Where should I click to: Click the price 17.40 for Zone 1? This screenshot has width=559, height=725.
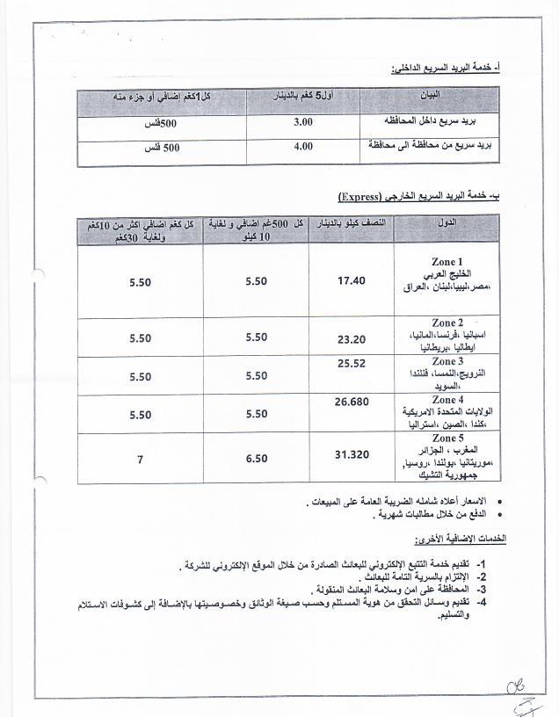coord(351,280)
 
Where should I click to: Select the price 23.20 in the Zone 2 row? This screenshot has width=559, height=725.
coord(351,337)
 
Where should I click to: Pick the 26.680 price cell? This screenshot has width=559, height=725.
coord(352,402)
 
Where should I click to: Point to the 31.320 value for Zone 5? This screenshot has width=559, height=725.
coord(352,454)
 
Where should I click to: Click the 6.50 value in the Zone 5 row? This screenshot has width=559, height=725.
coord(257,458)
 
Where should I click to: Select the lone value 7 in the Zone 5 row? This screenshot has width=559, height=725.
coord(140,458)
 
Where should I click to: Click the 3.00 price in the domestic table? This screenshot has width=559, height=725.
coord(302,121)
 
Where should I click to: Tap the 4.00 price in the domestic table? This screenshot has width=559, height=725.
coord(302,147)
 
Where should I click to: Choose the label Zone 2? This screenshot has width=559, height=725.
coord(447,323)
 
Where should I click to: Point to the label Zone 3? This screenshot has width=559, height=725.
coord(447,361)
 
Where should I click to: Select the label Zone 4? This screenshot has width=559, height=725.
coord(447,400)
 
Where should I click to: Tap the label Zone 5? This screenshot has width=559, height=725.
coord(447,439)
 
